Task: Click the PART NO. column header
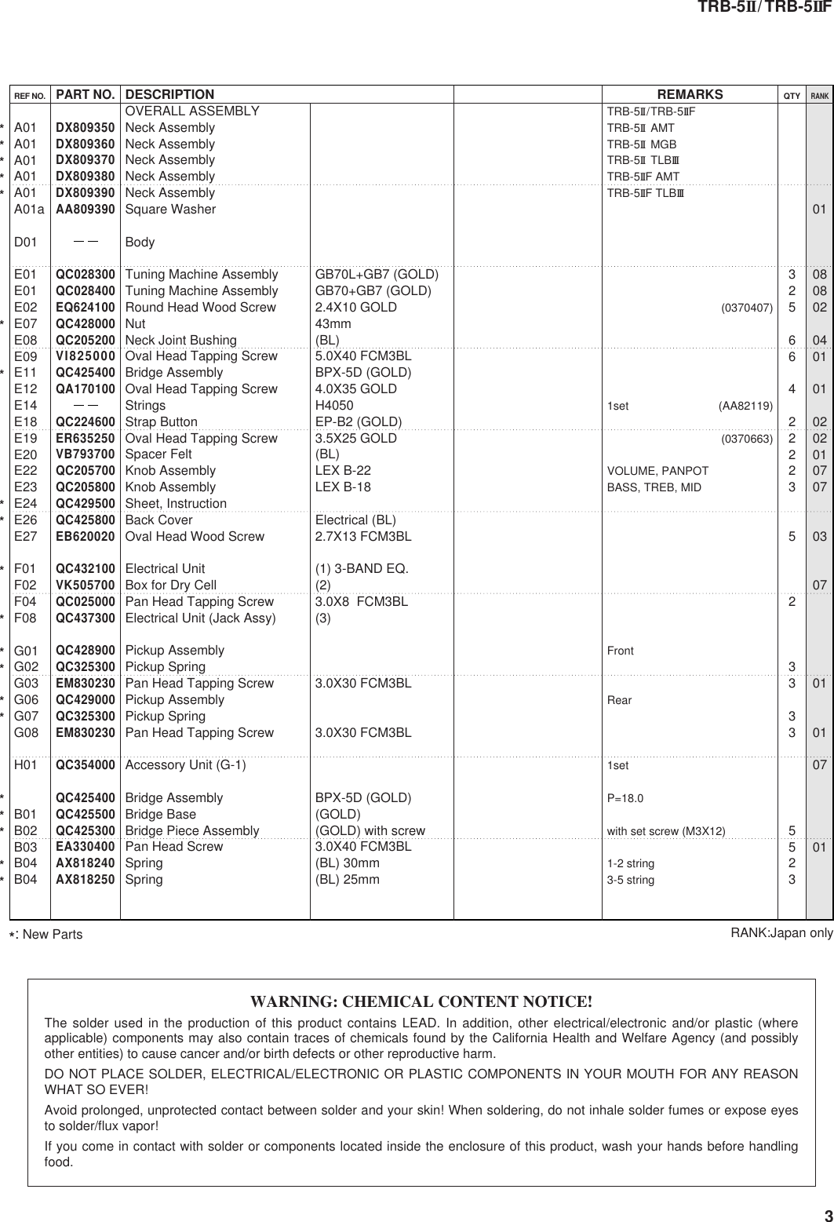[x=86, y=95]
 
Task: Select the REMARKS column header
[x=690, y=95]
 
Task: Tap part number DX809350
[x=86, y=128]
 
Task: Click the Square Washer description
[x=171, y=210]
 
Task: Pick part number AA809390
[x=86, y=210]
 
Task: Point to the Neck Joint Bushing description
[x=181, y=340]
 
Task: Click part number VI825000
[x=86, y=356]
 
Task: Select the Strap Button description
[x=162, y=421]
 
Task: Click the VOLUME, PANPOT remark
[x=657, y=471]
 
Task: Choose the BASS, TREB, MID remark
[x=654, y=487]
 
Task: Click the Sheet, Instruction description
[x=177, y=503]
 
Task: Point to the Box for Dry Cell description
[x=171, y=585]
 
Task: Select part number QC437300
[x=86, y=618]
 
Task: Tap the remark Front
[x=621, y=651]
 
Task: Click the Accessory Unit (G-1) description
[x=186, y=765]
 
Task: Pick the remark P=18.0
[x=625, y=798]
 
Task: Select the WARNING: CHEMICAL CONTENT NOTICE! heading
[x=421, y=1002]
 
